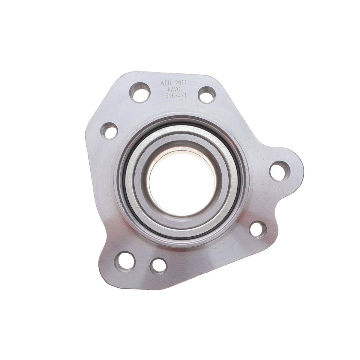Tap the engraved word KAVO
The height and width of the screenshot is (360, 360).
click(174, 89)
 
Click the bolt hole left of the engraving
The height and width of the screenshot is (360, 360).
click(140, 92)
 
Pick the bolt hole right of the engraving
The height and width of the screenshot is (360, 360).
click(207, 95)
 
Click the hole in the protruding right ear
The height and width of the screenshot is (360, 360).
click(280, 171)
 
